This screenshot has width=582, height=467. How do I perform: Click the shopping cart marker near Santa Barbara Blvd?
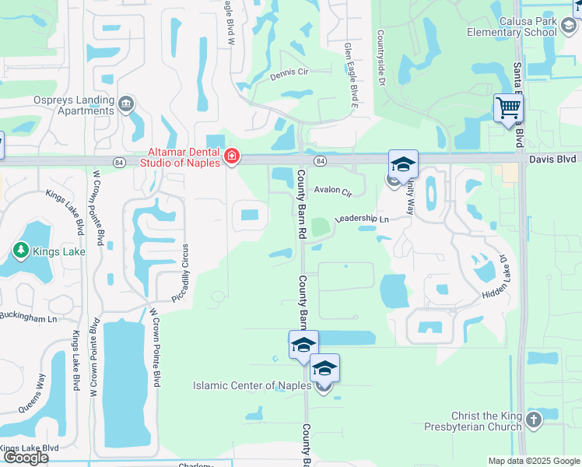pyautogui.click(x=508, y=107)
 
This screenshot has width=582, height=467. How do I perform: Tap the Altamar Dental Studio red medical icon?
pyautogui.click(x=231, y=158)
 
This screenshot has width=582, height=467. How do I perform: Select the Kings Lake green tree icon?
pyautogui.click(x=20, y=251)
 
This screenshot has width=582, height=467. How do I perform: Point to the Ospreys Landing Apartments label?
pyautogui.click(x=63, y=105)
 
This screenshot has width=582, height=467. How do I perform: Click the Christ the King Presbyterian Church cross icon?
pyautogui.click(x=533, y=420)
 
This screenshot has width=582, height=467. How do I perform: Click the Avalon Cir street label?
pyautogui.click(x=333, y=190)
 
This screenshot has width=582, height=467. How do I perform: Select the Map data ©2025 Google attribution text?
pyautogui.click(x=533, y=461)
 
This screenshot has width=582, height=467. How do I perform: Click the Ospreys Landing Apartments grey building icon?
pyautogui.click(x=126, y=103)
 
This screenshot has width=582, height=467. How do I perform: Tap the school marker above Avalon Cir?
pyautogui.click(x=403, y=164)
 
